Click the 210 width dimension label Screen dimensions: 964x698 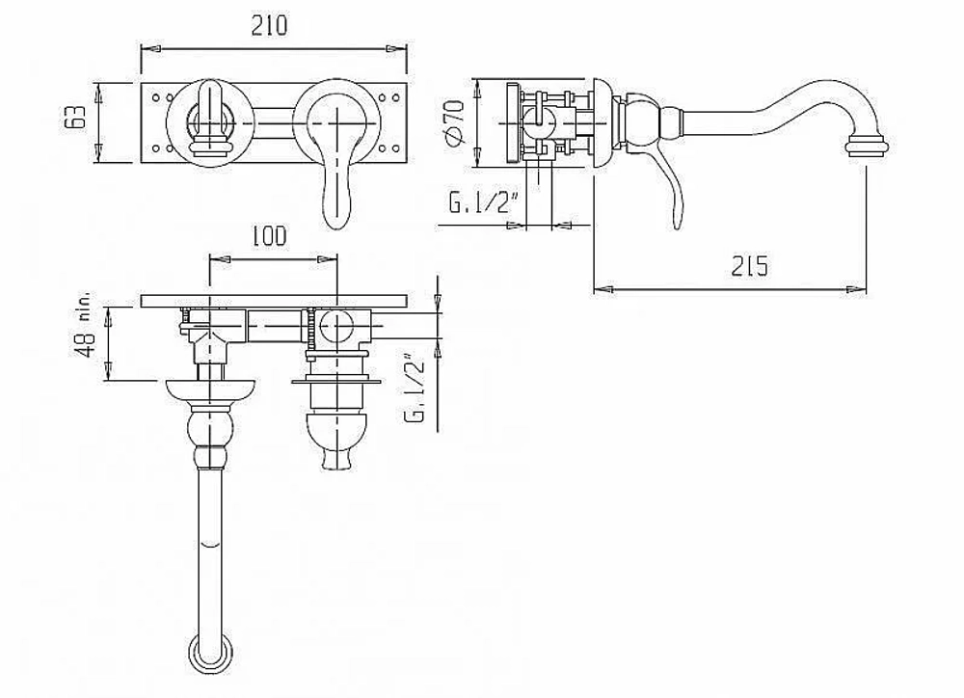point(269,26)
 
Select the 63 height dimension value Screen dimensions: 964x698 point(75,117)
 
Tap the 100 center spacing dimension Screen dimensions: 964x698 point(269,236)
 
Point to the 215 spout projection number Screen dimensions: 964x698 point(750,266)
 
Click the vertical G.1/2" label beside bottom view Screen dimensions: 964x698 point(415,388)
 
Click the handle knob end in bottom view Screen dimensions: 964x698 point(337,459)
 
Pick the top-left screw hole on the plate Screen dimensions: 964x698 point(153,96)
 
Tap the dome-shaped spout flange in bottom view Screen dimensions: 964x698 point(211,390)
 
